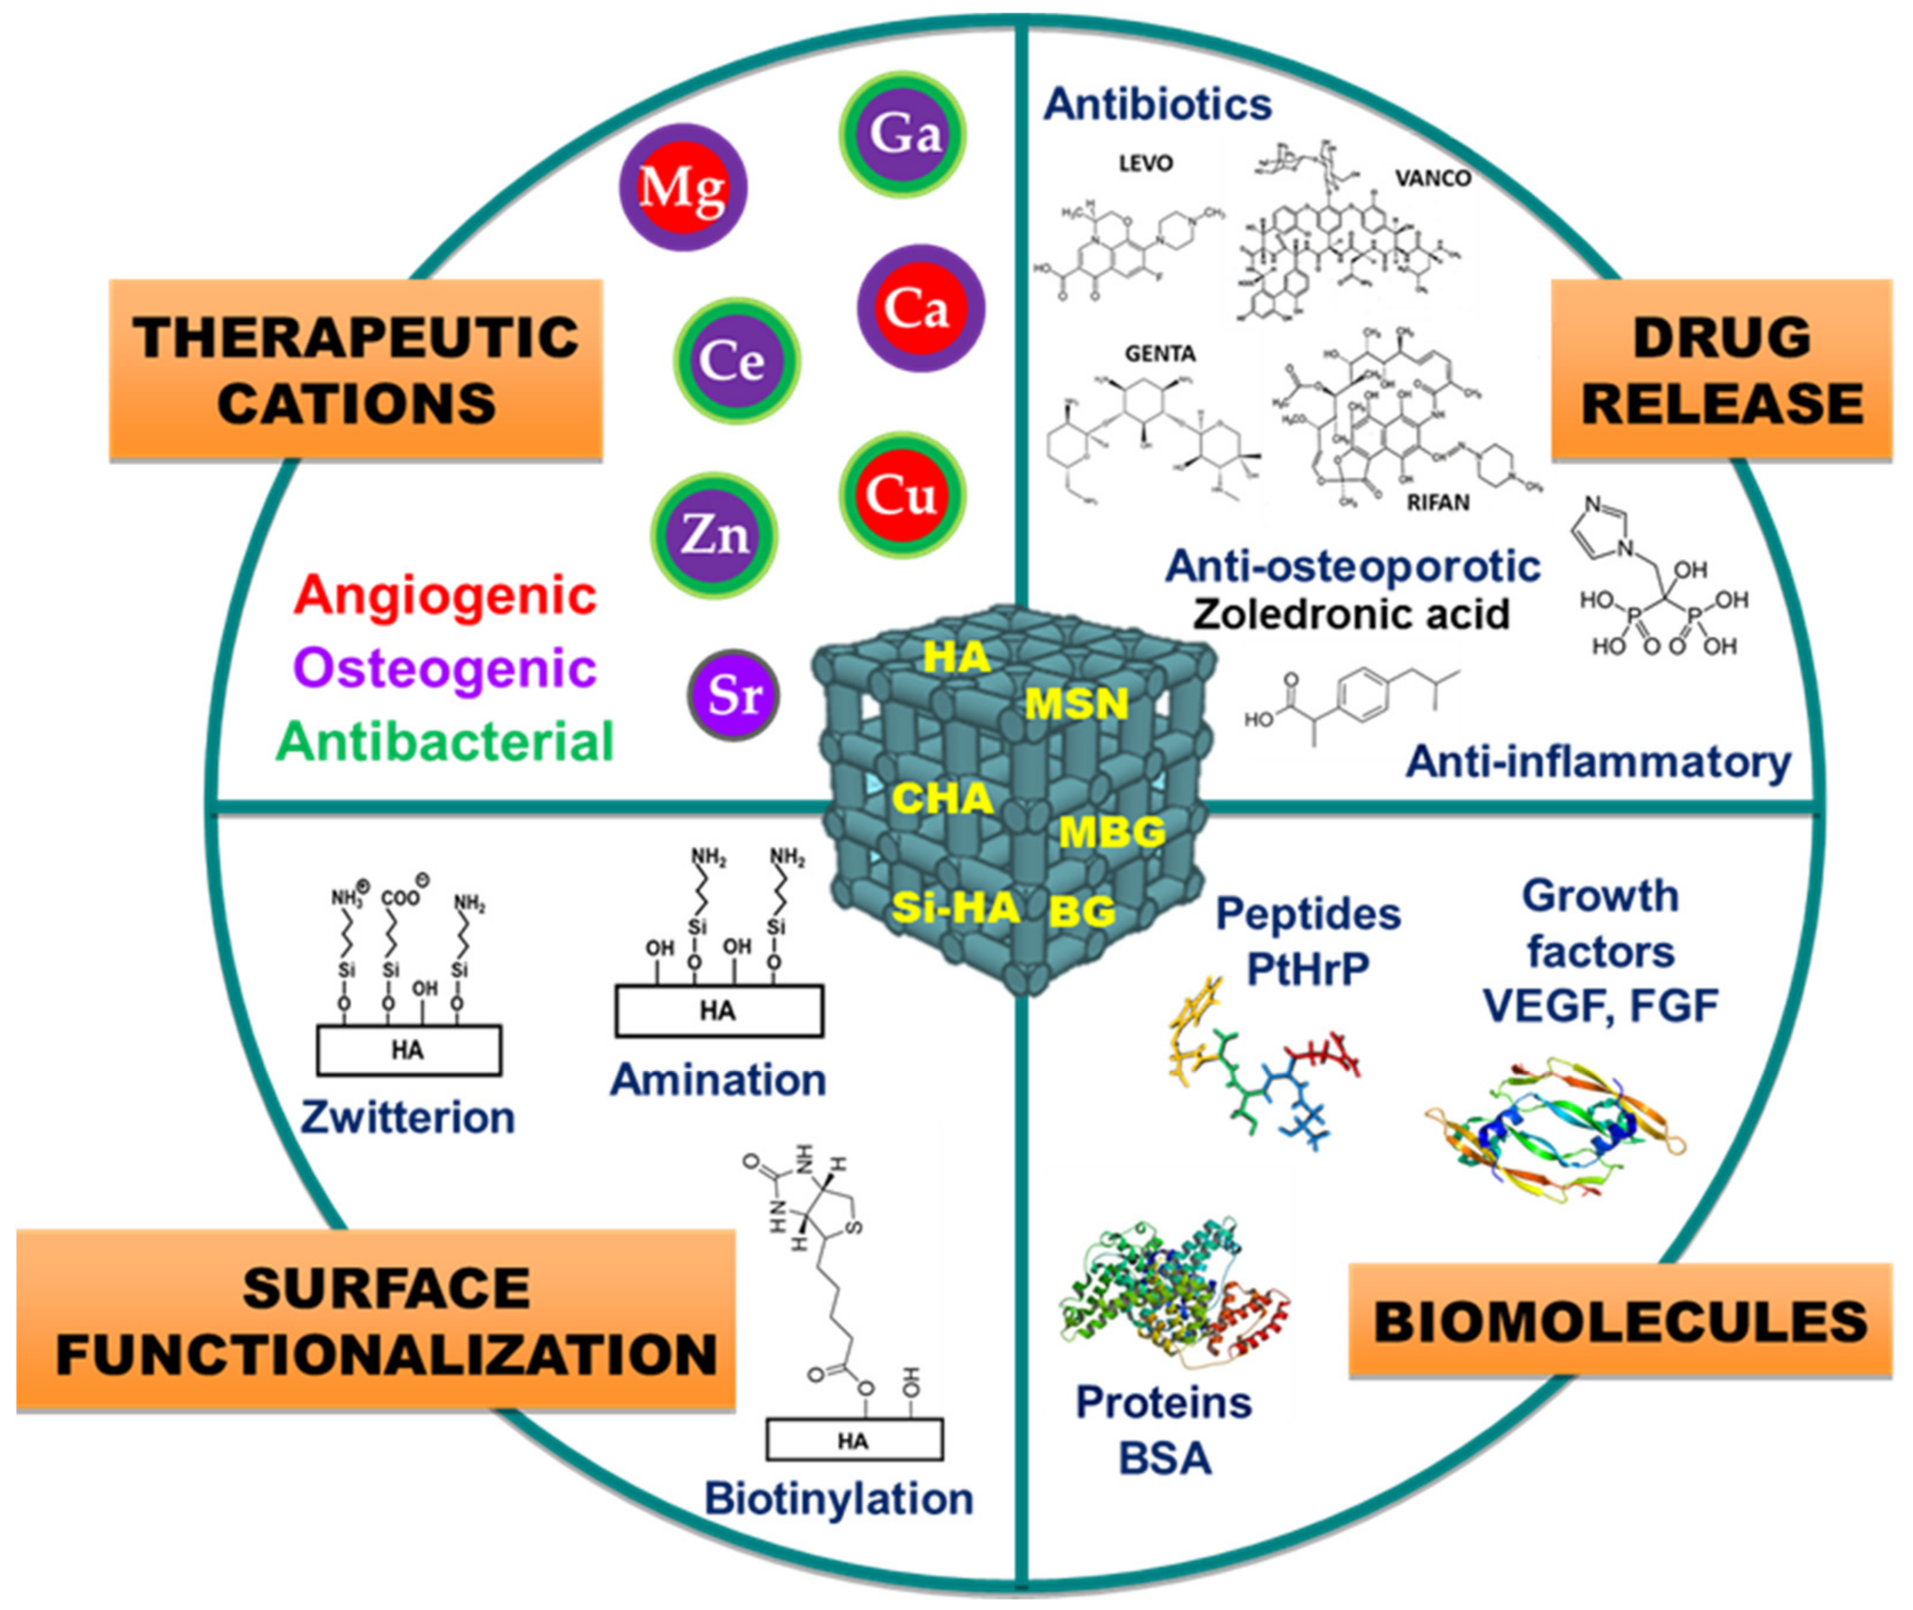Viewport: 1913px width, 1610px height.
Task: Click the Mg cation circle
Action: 683,187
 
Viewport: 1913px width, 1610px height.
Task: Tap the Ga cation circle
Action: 902,134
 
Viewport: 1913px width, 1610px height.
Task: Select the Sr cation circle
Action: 733,696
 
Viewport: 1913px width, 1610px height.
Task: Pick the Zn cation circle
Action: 714,535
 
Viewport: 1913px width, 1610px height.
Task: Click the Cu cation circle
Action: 902,495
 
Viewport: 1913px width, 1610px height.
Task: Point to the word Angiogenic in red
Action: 445,595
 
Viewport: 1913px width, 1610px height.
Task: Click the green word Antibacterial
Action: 445,741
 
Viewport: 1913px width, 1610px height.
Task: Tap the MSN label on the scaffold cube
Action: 1076,704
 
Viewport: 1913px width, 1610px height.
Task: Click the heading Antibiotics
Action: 1157,104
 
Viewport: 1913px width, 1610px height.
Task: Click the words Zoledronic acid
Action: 1351,613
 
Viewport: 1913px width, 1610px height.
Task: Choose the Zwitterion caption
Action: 407,1117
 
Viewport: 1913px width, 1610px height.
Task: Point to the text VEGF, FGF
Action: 1600,1007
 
